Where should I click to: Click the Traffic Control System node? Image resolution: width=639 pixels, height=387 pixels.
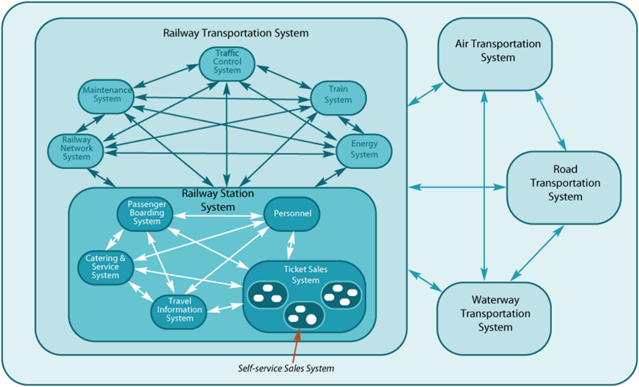tap(227, 63)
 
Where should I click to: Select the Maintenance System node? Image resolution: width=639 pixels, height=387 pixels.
tap(106, 94)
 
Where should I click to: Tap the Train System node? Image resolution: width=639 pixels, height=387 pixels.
tap(338, 95)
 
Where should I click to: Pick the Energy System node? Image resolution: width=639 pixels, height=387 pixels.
tap(364, 150)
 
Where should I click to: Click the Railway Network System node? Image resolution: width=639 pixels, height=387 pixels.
tap(76, 149)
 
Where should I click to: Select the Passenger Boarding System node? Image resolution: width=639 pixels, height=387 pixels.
tap(144, 213)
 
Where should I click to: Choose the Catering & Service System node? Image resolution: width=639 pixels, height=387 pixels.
tap(105, 267)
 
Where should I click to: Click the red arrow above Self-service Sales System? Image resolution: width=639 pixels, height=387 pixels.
tap(295, 348)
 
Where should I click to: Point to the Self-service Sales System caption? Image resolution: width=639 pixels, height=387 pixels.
tap(286, 368)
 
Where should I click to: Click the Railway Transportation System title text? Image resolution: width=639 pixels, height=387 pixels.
tap(235, 34)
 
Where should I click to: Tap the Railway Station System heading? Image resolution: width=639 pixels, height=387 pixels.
tap(218, 199)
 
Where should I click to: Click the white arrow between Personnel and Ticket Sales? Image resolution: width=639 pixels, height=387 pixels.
tap(292, 245)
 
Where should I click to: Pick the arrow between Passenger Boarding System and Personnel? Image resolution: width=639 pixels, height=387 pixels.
tap(218, 215)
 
